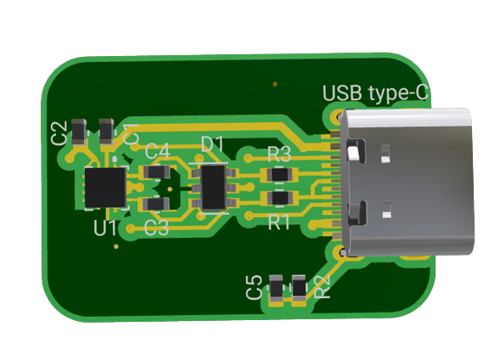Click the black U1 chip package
(105, 188)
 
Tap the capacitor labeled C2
(78, 132)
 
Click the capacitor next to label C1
(107, 131)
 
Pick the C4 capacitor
(154, 173)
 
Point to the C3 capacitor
(154, 204)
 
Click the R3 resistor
(278, 175)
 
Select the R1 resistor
(278, 199)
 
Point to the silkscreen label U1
(105, 228)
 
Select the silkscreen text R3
(279, 155)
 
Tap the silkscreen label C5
(254, 287)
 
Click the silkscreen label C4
(157, 151)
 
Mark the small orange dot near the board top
(274, 84)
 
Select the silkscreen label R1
(279, 222)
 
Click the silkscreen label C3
(156, 228)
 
